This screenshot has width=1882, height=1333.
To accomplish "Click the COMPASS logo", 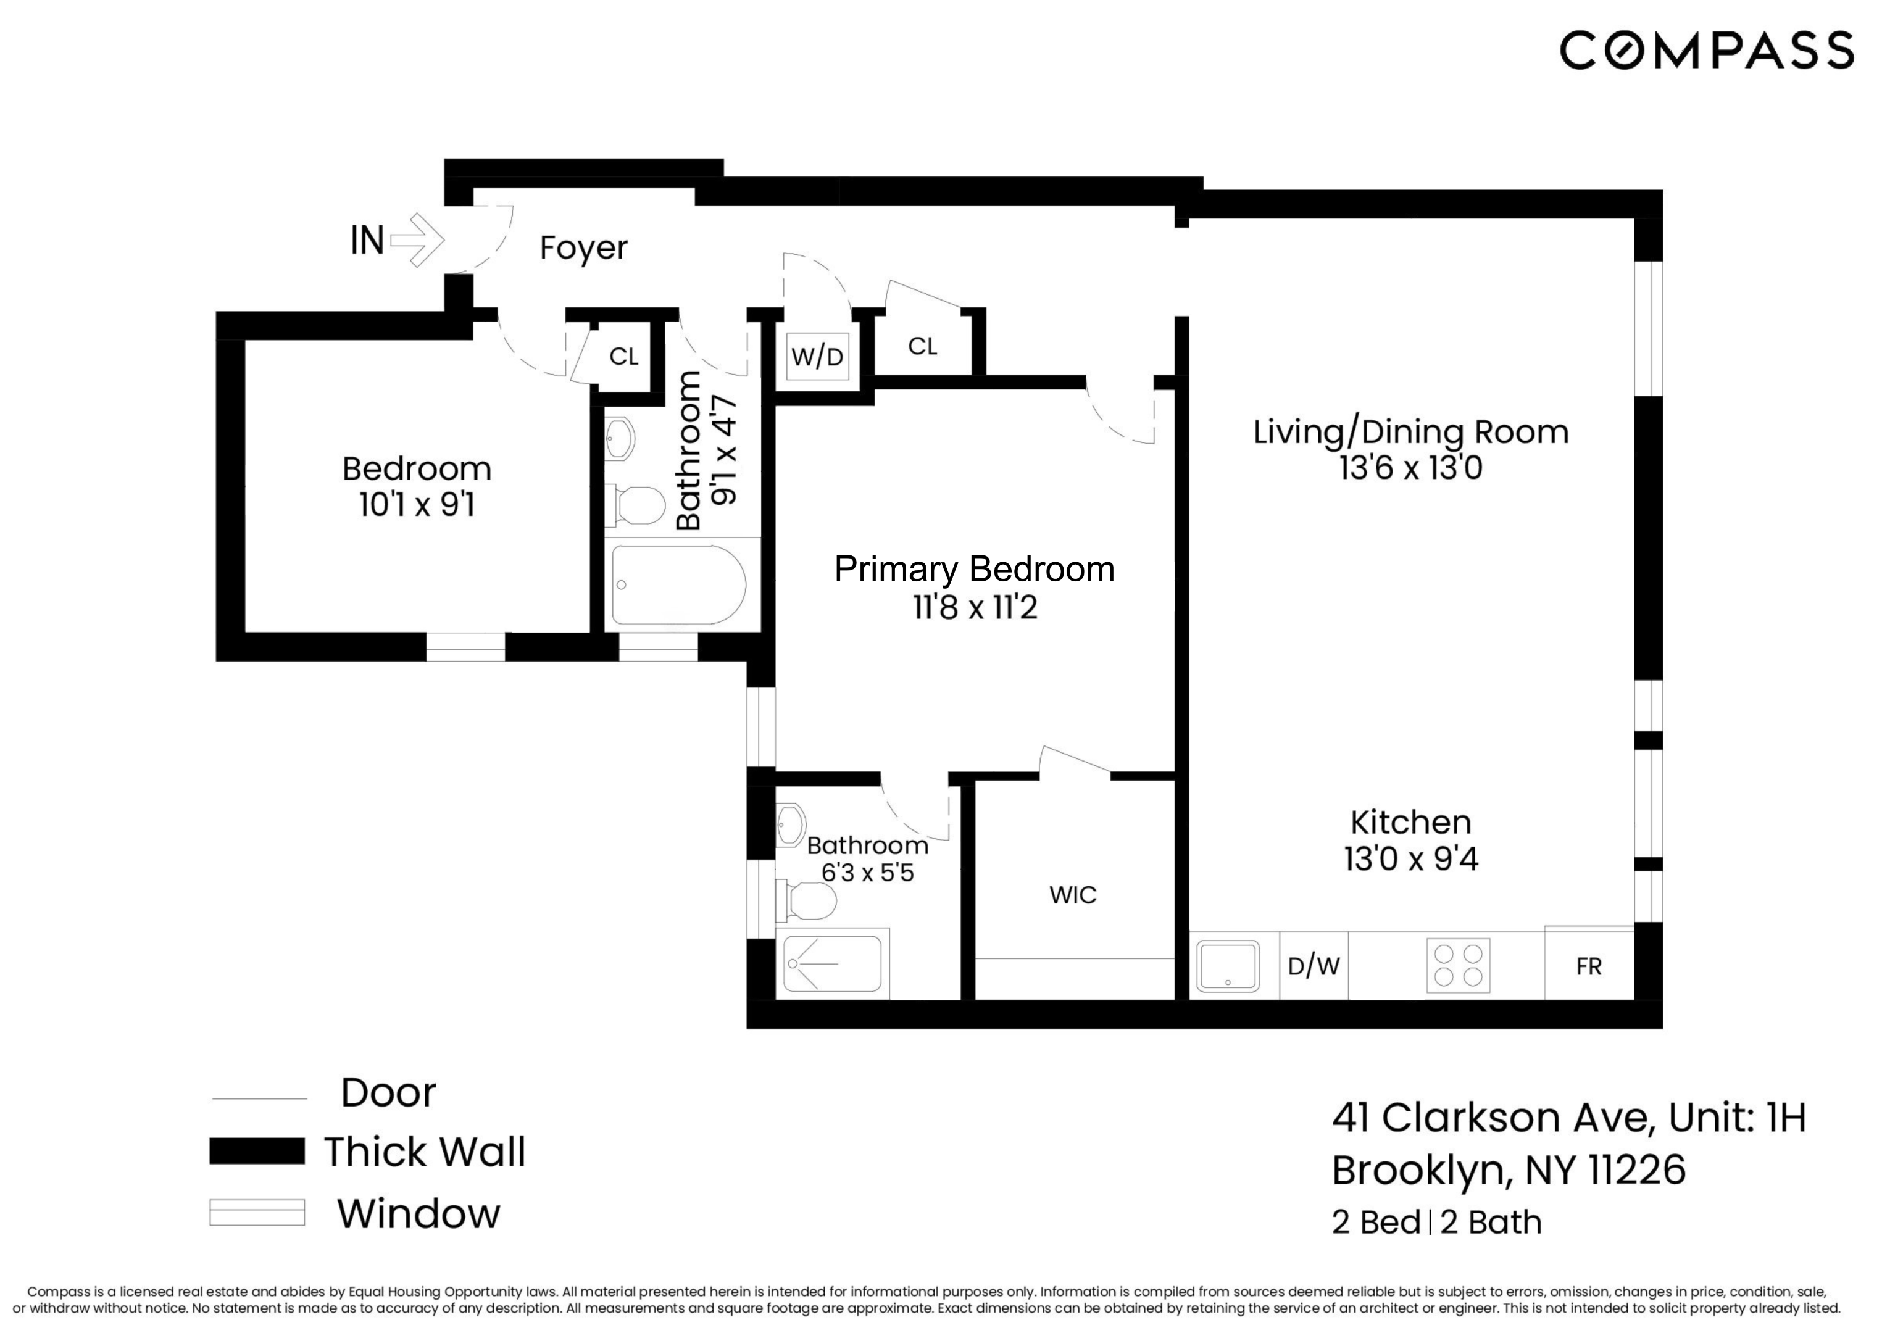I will point(1705,51).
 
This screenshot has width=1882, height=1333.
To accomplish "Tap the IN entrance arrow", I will point(417,239).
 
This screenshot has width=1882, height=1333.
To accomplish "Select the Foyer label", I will point(583,247).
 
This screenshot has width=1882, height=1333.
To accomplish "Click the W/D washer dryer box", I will point(817,357).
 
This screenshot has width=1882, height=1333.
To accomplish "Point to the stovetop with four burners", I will point(1458,965).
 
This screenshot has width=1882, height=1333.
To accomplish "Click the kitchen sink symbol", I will point(1227,965).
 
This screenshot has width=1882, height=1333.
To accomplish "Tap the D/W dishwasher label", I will point(1314,966).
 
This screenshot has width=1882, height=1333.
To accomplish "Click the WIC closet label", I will point(1073,895).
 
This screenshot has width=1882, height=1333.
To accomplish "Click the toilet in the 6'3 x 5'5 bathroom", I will point(807,900).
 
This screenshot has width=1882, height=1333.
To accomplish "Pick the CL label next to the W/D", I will point(923,346).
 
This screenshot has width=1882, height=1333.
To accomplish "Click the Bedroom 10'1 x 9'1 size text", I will point(417,505).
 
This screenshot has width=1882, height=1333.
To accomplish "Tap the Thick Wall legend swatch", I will point(257,1151).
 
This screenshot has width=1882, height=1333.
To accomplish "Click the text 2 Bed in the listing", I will point(1376,1222).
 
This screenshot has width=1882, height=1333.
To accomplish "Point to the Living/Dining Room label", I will point(1410,432).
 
